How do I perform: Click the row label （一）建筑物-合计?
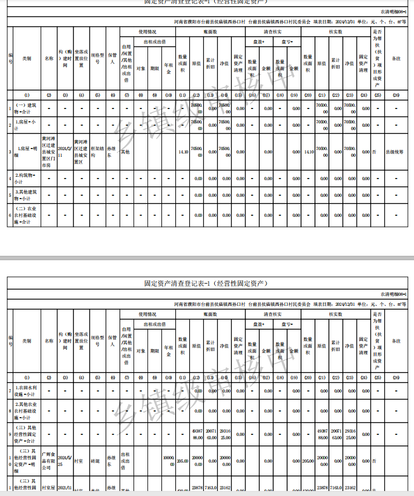[26, 108]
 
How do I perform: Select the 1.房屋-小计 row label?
[26, 125]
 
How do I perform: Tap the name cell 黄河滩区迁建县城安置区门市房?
[49, 151]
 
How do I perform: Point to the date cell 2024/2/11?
[65, 151]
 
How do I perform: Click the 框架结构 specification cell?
[97, 151]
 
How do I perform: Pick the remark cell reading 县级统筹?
[396, 151]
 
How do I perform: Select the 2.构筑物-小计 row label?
[26, 178]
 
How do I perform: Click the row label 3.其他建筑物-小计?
[26, 195]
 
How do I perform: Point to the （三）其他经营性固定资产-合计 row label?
[26, 434]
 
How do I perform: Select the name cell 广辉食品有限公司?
[49, 460]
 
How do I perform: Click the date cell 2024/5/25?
[65, 460]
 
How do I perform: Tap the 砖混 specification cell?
[97, 461]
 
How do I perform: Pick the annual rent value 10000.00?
[169, 460]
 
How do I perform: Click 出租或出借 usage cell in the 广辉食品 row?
[127, 460]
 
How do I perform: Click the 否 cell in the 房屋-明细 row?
[376, 151]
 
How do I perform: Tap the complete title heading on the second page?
[206, 283]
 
